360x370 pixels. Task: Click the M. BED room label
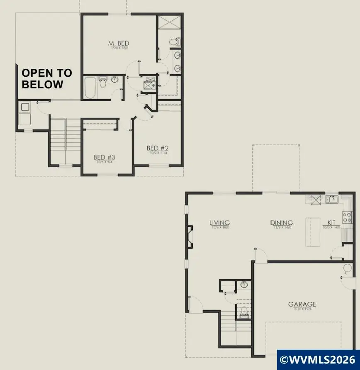pos(119,44)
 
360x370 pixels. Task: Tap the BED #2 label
pos(158,148)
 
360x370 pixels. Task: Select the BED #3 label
pos(104,158)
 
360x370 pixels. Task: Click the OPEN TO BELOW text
pos(46,78)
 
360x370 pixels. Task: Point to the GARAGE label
pos(302,305)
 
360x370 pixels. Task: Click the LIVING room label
pos(219,223)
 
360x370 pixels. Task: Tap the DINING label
pos(282,223)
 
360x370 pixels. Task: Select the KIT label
pos(331,223)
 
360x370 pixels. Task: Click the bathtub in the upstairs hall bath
pos(90,87)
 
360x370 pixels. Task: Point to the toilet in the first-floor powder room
pos(244,311)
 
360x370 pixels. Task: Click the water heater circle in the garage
pos(347,268)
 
